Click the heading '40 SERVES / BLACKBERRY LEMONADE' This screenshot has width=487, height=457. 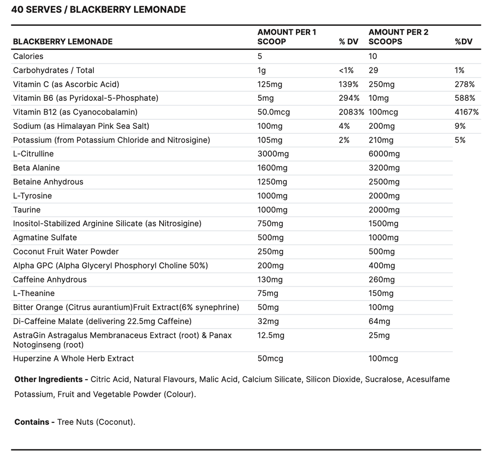tap(98, 10)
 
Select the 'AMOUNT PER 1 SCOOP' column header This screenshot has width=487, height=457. tap(287, 37)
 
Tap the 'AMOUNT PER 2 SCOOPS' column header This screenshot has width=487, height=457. tap(399, 37)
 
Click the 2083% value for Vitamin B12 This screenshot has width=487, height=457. tap(351, 112)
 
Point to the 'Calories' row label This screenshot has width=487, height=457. tap(28, 56)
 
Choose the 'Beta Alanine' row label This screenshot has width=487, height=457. tap(36, 168)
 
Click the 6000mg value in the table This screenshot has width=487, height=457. tap(384, 154)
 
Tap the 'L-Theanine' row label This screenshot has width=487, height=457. tap(34, 293)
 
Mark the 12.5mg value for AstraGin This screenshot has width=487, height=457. tap(271, 335)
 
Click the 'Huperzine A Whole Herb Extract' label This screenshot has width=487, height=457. tap(73, 358)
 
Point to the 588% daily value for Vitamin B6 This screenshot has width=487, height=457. tap(465, 98)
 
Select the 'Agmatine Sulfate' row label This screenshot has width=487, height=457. tap(45, 238)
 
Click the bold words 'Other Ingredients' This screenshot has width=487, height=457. tap(49, 379)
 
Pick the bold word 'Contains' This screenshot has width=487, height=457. tap(32, 422)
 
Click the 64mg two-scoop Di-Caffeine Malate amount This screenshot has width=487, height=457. tap(380, 322)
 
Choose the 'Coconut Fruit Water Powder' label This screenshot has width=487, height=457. tap(66, 251)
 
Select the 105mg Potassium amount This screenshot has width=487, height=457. tap(270, 140)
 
